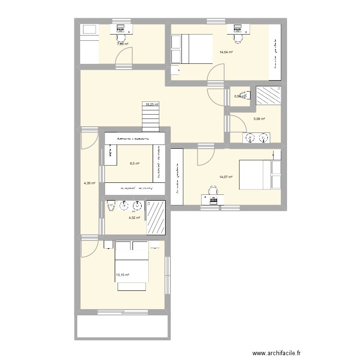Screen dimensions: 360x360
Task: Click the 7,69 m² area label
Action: (x=123, y=44)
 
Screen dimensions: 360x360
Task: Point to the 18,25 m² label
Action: (x=152, y=104)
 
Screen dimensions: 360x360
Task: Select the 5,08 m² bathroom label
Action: (x=259, y=119)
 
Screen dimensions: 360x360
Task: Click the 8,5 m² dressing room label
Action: (x=134, y=163)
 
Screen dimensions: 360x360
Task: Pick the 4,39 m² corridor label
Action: (x=90, y=183)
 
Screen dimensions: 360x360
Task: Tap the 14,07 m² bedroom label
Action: (x=226, y=177)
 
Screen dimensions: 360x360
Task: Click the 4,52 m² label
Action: (x=134, y=218)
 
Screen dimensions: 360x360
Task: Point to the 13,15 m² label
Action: (x=122, y=275)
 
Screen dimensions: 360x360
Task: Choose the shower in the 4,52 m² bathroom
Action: (x=156, y=217)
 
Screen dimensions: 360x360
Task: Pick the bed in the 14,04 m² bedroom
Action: (x=192, y=48)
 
